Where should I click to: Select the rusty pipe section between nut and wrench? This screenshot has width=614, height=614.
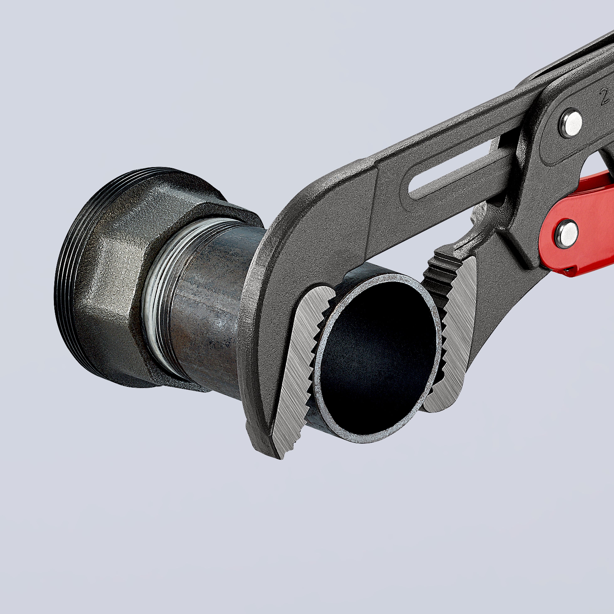[207, 305]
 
